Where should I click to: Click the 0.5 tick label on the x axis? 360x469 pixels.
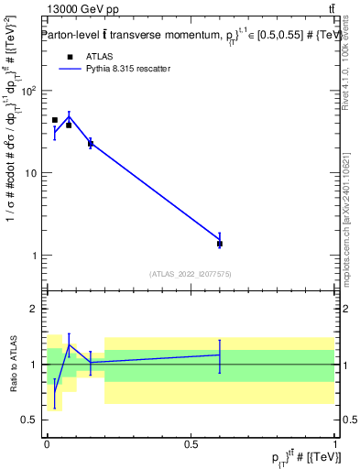(x=191, y=443)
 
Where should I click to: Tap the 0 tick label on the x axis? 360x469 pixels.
(x=47, y=443)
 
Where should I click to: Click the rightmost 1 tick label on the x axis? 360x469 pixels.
(x=334, y=443)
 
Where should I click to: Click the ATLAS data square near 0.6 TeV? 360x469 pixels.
(x=220, y=244)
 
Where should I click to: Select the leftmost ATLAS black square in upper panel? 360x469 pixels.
(x=54, y=120)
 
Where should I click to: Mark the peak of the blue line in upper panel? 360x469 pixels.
(x=69, y=115)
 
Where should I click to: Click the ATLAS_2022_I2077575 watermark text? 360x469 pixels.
(x=191, y=273)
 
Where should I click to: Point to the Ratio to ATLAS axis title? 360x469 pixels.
(x=11, y=365)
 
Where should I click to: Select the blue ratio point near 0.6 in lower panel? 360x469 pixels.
(x=220, y=354)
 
